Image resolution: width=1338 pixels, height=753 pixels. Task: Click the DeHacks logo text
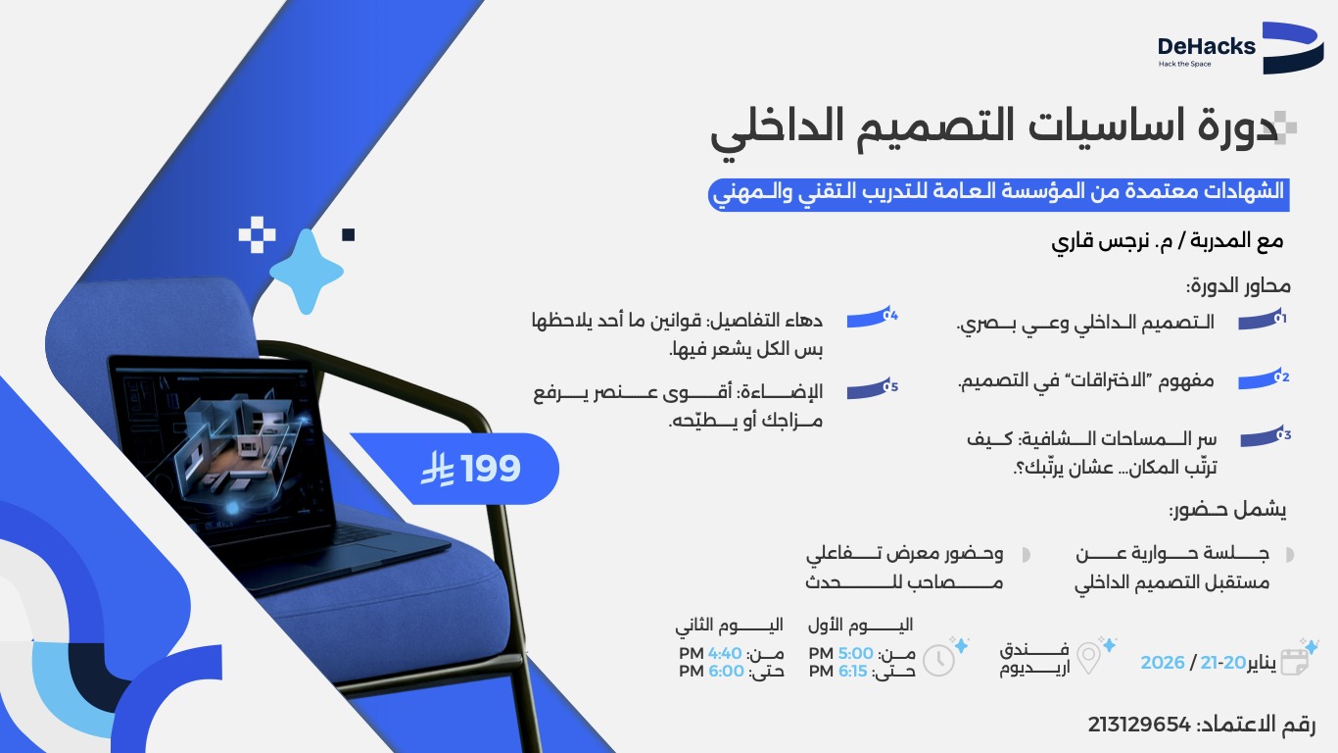pos(1206,46)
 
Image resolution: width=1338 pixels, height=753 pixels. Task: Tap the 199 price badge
pos(471,470)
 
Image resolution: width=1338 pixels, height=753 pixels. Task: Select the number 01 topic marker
pos(1261,321)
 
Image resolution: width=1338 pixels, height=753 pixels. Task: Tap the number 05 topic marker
pos(872,389)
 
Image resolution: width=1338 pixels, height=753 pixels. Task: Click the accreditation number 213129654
pos(1139,726)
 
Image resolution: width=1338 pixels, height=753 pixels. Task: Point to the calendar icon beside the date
pos(1295,660)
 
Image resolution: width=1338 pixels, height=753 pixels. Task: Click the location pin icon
pos(1088,658)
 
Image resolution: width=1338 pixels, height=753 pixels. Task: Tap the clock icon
pos(938,660)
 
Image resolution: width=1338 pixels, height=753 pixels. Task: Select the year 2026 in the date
pos(1163,663)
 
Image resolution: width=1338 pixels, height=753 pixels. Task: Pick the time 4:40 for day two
pos(726,654)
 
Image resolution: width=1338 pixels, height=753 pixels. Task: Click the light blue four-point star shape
pos(307,272)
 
